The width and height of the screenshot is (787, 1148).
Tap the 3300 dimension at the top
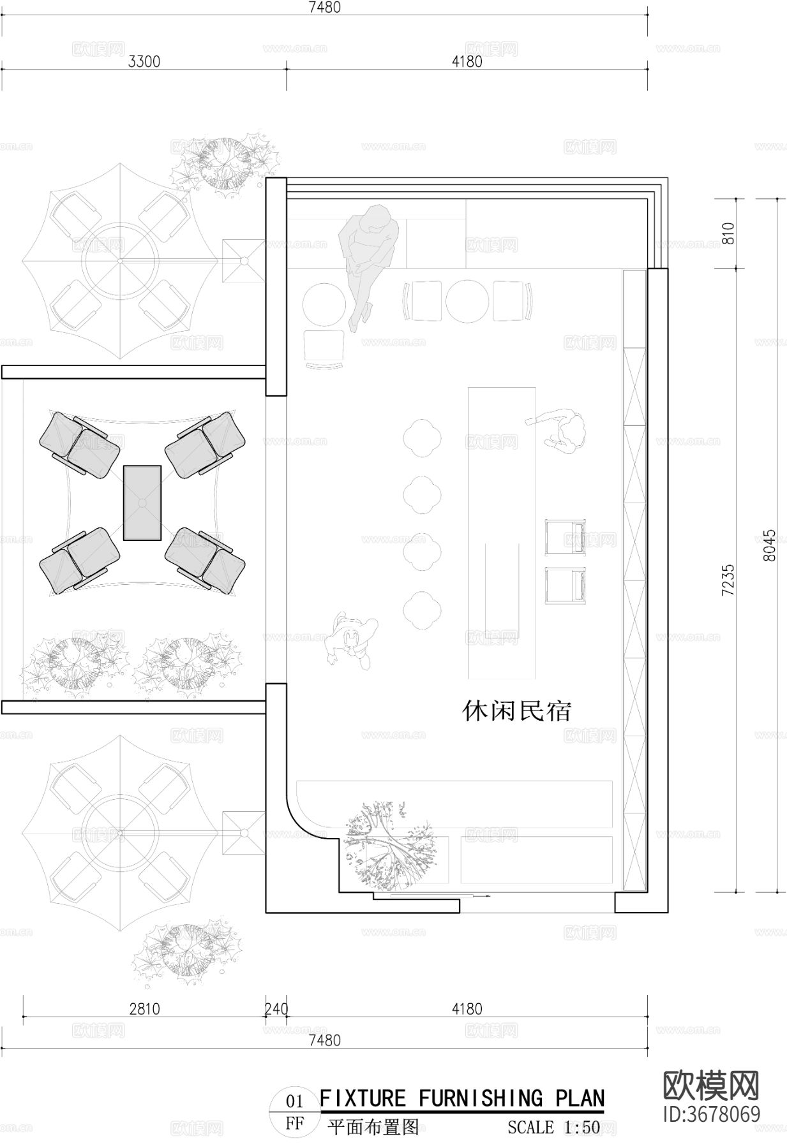coord(144,62)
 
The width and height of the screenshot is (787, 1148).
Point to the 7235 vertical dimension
coord(728,578)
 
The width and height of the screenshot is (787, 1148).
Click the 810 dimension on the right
coord(728,233)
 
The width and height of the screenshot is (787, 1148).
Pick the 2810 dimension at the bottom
coord(144,1009)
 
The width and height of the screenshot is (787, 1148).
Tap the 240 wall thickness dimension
coord(276,1009)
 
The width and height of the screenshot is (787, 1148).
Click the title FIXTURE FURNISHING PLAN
coord(461,1098)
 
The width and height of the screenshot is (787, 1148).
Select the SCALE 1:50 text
coord(553,1127)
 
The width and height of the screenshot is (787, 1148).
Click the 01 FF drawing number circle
coord(294,1111)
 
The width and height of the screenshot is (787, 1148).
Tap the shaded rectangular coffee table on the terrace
coord(142,503)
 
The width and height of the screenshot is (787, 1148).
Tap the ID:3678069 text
coord(711,1114)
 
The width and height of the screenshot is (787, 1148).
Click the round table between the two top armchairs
coord(467,300)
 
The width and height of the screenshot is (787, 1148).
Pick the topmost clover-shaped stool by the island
coord(422,438)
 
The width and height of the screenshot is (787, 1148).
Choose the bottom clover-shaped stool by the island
coord(422,609)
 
